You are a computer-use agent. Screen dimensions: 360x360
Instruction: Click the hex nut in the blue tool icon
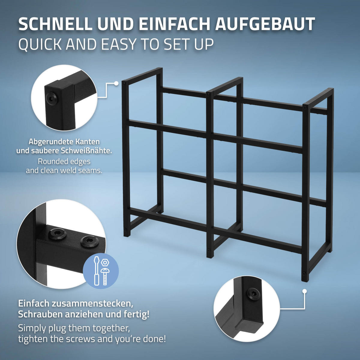[105, 263]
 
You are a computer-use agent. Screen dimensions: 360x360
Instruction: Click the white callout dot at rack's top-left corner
[116, 83]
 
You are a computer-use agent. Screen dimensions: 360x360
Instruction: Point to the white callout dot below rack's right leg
[304, 291]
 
